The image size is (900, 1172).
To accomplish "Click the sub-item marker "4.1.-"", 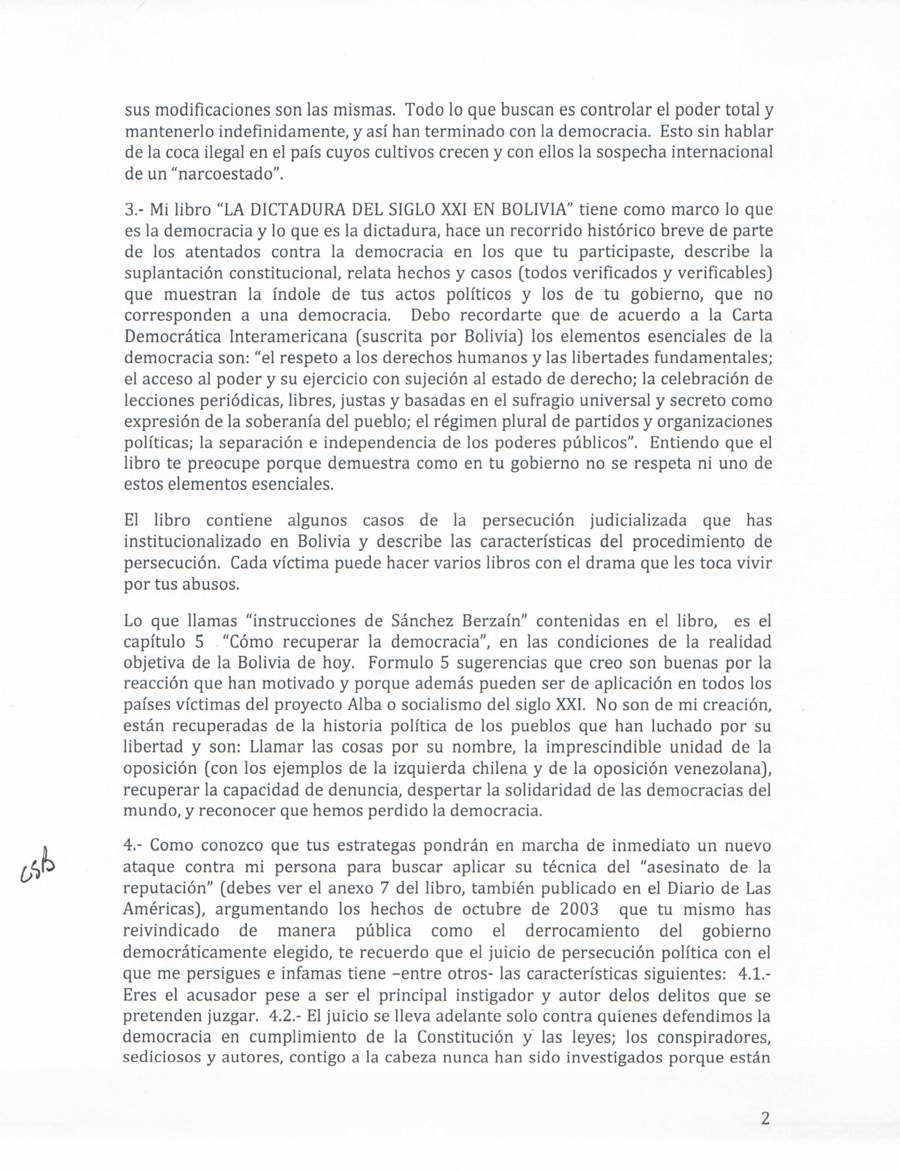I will tap(754, 973).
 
